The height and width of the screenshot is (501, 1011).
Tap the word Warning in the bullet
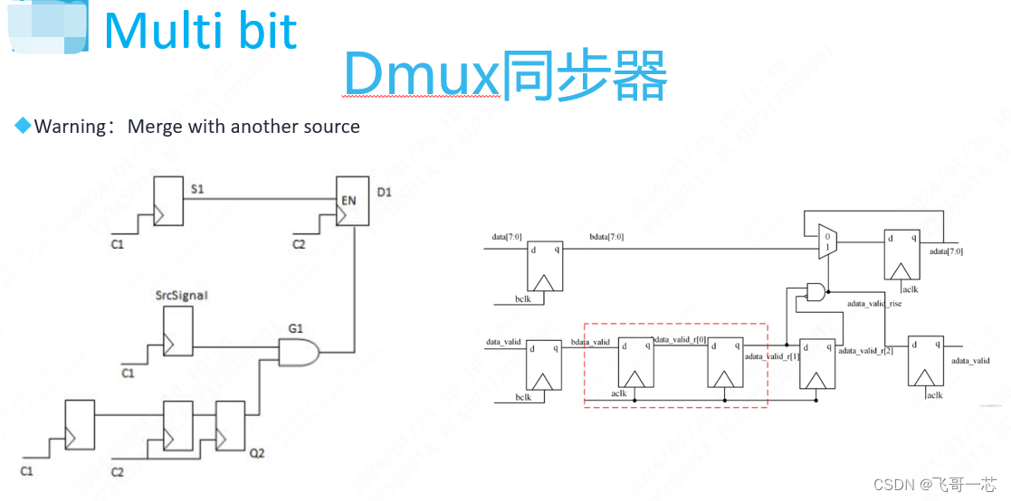click(71, 127)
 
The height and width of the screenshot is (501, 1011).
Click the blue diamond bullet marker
click(23, 126)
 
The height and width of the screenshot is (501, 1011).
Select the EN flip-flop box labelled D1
click(351, 201)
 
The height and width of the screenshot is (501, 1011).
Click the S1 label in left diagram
click(198, 188)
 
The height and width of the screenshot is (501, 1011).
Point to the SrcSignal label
click(182, 296)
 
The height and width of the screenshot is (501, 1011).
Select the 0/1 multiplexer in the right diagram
click(827, 241)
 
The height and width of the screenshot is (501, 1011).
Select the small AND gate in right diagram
click(815, 291)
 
